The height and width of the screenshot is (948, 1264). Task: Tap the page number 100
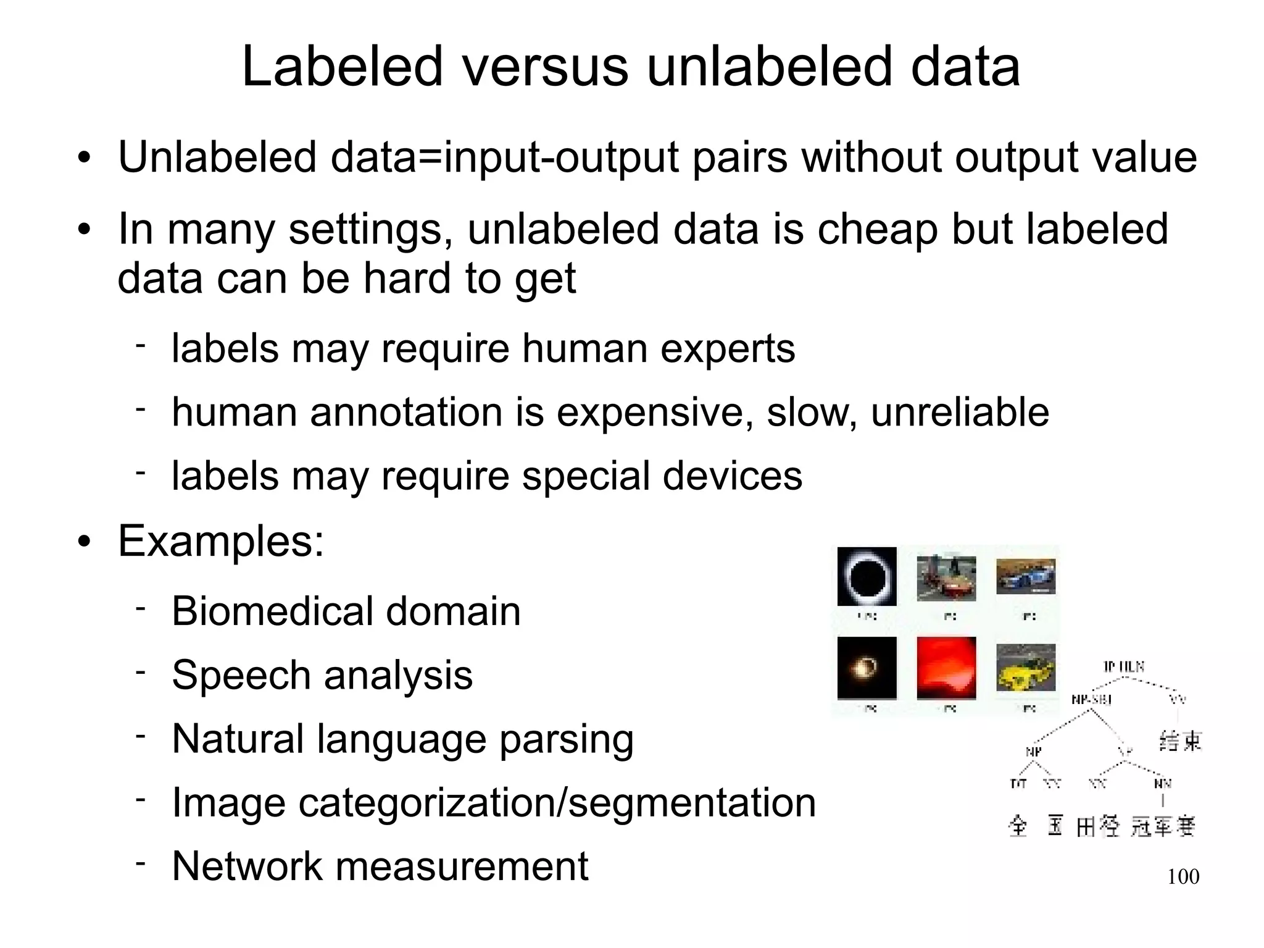click(1183, 876)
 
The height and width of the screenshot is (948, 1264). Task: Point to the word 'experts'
click(728, 348)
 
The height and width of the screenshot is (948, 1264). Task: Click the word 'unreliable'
click(960, 412)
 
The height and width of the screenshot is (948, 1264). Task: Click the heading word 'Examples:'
click(221, 541)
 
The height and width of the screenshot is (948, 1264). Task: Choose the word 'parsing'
click(566, 739)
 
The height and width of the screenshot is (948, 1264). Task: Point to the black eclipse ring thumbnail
click(867, 577)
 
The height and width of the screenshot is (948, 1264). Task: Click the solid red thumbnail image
click(946, 668)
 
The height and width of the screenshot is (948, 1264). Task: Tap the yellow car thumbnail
click(1026, 668)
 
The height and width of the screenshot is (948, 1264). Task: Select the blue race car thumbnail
click(1026, 576)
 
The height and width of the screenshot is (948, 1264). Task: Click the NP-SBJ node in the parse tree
click(1091, 700)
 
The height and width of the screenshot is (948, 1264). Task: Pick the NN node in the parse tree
click(1162, 784)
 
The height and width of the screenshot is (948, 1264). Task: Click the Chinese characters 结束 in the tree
click(1180, 740)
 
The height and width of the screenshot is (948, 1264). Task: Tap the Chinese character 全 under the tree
click(1018, 826)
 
